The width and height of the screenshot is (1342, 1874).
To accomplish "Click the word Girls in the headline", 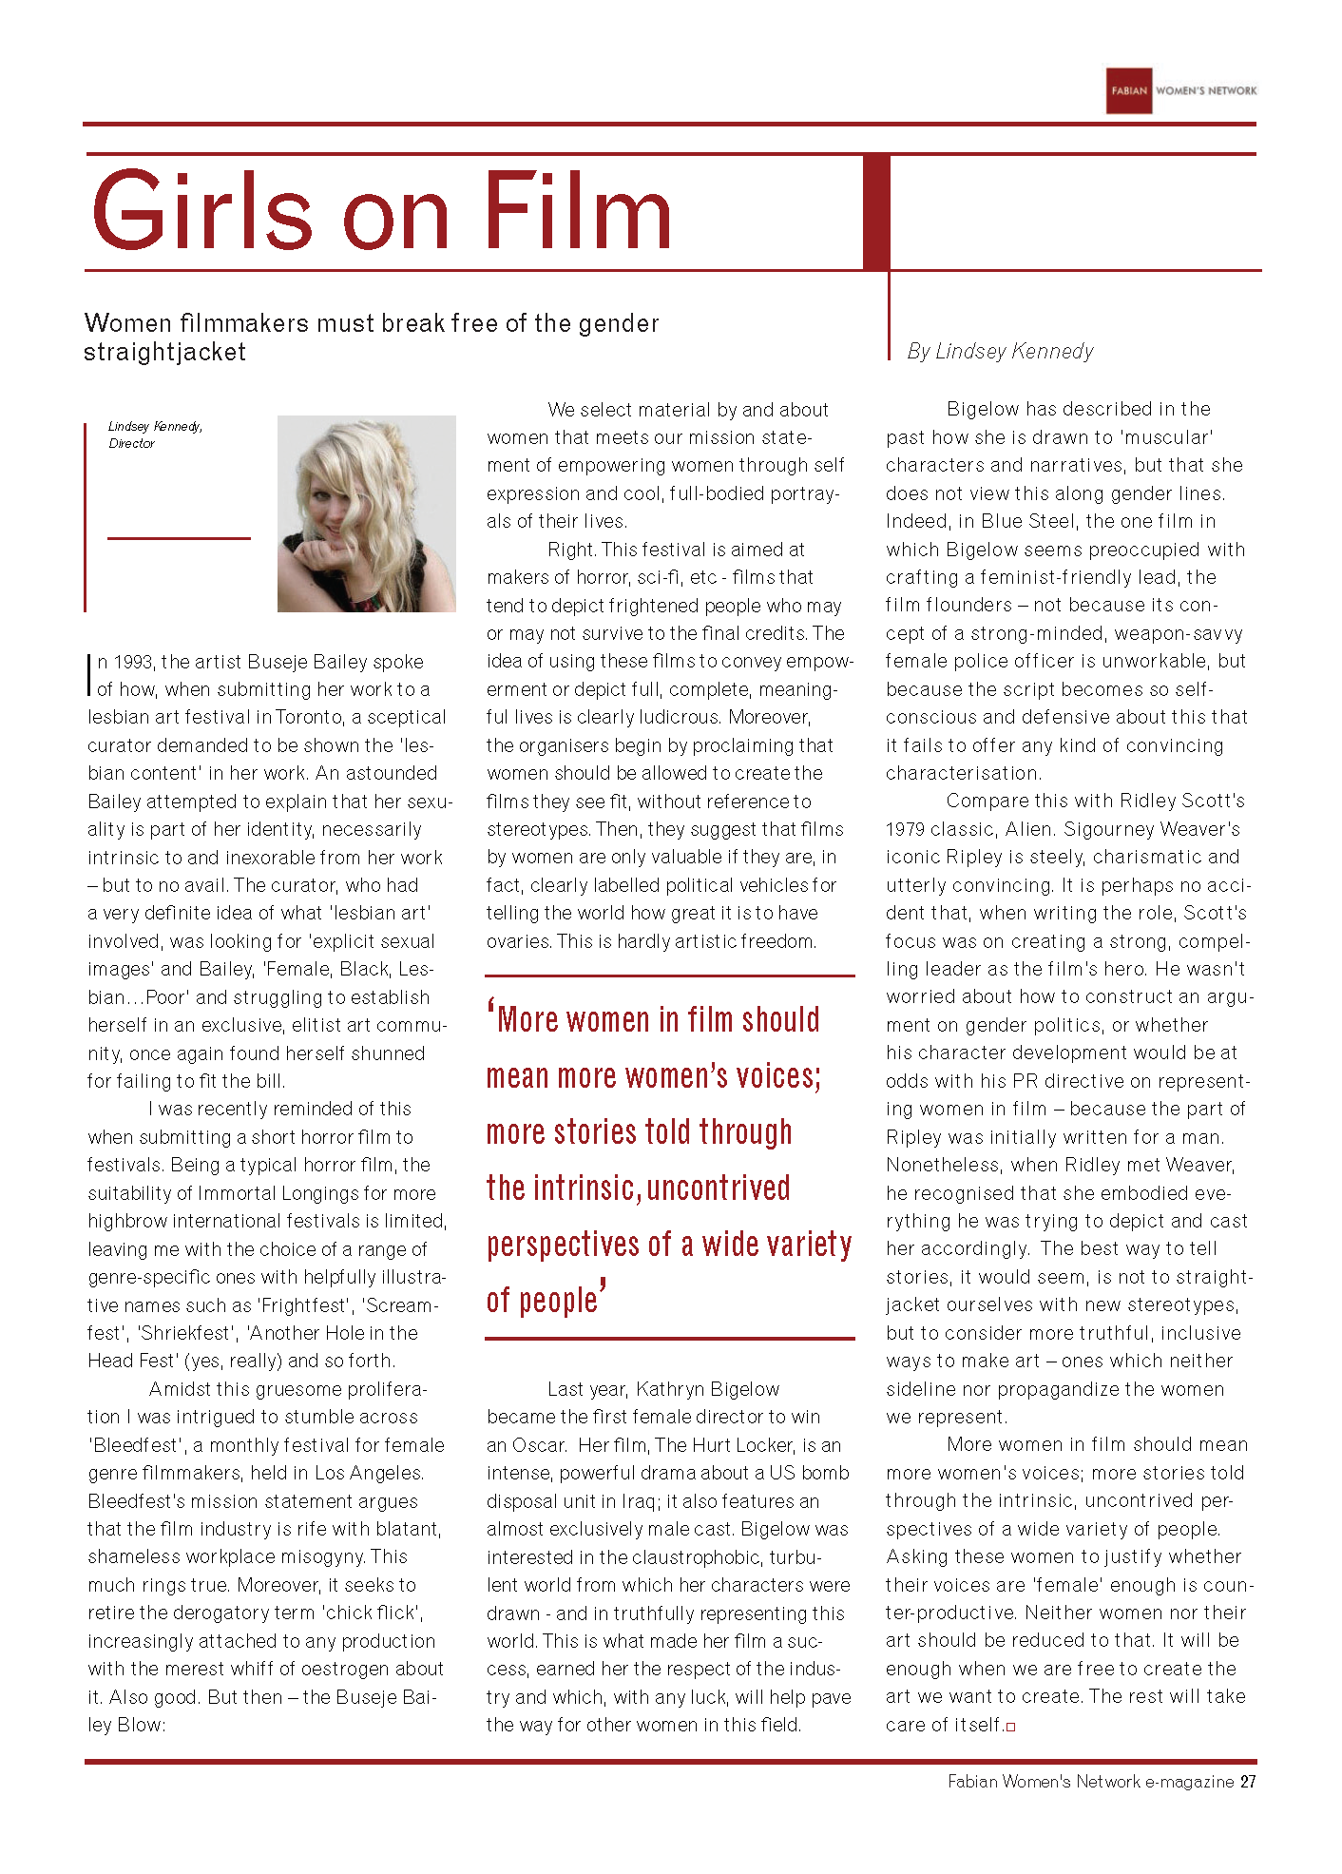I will coord(201,211).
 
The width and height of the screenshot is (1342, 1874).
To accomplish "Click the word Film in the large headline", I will coord(577,211).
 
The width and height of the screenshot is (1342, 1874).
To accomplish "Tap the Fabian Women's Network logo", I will coord(1180,91).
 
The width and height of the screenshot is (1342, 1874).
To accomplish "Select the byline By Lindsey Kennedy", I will coord(1000,352).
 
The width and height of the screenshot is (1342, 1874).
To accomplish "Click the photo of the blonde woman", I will coord(366,513).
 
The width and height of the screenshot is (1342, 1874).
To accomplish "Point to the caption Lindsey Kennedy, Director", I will coord(155,435).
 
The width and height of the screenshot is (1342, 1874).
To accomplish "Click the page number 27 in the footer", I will coord(1248,1782).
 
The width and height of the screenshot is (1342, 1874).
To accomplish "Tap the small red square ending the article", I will coord(1010,1727).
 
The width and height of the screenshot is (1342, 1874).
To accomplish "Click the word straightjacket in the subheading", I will coord(164,353).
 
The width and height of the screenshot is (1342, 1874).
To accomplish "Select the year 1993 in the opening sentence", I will coord(134,662).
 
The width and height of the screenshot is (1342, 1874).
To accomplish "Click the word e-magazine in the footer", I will coord(1189,1782).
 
